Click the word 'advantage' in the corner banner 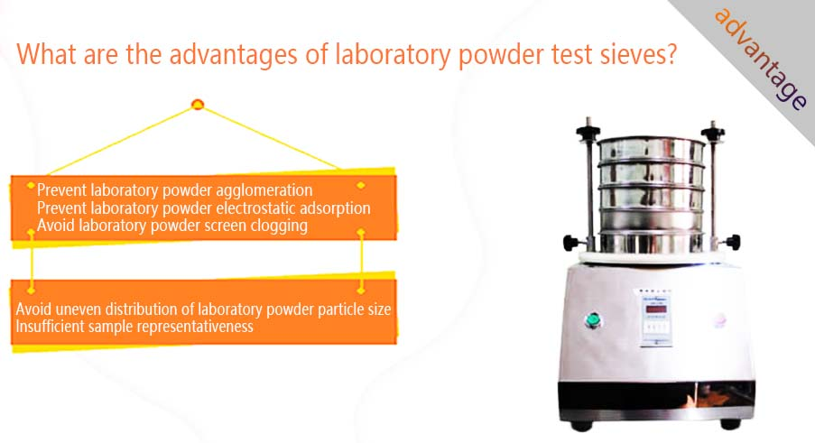point(760,58)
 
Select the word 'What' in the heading point(46,54)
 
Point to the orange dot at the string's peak point(198,105)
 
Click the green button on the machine point(591,320)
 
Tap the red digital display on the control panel point(656,309)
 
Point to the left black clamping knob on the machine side point(570,243)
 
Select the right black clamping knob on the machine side point(733,242)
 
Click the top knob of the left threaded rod point(588,128)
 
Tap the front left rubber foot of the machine point(581,425)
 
